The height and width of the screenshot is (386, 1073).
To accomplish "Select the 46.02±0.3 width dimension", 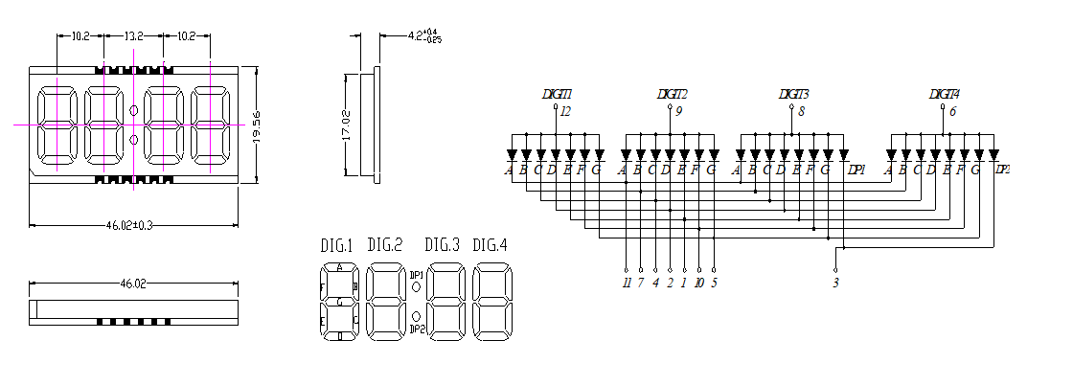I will click(x=133, y=225).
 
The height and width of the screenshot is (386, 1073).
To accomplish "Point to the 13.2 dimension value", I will click(x=134, y=36).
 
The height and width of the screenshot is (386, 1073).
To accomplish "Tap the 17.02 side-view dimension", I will click(x=348, y=125).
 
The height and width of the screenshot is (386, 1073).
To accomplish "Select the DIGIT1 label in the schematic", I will click(x=557, y=94).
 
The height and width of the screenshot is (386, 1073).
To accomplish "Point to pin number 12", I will click(x=565, y=112).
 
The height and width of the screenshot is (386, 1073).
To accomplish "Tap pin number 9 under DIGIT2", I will click(x=678, y=112).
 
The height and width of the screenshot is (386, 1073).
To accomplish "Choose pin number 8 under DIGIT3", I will click(x=801, y=112).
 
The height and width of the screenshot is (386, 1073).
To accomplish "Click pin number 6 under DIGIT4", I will click(x=952, y=112).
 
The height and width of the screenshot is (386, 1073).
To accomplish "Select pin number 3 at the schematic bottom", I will click(x=835, y=283).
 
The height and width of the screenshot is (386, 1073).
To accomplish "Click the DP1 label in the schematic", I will click(x=856, y=170).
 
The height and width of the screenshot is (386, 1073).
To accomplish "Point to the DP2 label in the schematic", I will click(x=1002, y=170).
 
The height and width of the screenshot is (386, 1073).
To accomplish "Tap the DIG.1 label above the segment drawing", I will click(x=336, y=245).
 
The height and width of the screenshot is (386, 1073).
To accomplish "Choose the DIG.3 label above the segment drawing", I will click(x=443, y=244).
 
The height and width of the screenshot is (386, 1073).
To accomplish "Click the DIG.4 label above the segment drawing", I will click(x=491, y=244).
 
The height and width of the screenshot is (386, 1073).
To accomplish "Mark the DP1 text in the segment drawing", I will click(x=417, y=275).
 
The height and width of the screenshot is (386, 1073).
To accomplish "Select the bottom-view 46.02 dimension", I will click(x=133, y=284).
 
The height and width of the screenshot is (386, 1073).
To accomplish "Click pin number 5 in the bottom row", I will click(x=714, y=283).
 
